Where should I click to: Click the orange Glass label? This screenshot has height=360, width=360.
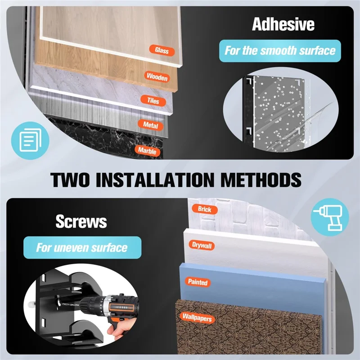point(162,50)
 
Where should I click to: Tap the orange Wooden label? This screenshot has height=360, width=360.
point(157,76)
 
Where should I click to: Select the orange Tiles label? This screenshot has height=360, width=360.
point(153,100)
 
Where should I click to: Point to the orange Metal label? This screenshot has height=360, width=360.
point(151,125)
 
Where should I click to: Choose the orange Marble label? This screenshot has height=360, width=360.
point(147,151)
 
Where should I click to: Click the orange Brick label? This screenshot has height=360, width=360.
point(205,209)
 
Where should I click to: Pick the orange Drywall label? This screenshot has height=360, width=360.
point(202,245)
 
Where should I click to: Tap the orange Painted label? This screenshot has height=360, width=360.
point(198,282)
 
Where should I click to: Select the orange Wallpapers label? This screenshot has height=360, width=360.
point(197,318)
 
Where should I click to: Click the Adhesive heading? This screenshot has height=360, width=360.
point(283,24)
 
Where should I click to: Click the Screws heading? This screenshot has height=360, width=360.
point(81,221)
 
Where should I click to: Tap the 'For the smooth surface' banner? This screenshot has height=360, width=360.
point(280,51)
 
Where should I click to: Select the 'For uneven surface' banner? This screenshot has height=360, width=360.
point(82,247)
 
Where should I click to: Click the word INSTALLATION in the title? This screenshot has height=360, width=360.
point(155,180)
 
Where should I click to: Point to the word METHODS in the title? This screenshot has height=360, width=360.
point(261,180)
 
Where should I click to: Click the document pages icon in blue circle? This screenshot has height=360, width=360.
point(30,140)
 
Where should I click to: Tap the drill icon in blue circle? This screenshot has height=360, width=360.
point(330,217)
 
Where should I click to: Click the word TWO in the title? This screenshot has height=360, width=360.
point(70,180)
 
